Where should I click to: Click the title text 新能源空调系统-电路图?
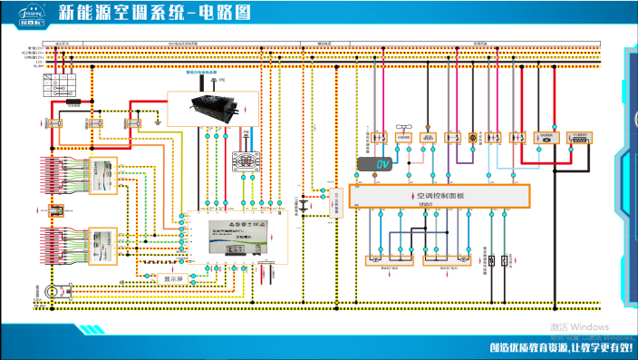click(x=153, y=13)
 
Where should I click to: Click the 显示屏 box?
click(x=172, y=278)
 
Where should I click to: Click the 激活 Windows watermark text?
click(x=578, y=326)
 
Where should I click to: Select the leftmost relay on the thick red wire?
click(x=52, y=122)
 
